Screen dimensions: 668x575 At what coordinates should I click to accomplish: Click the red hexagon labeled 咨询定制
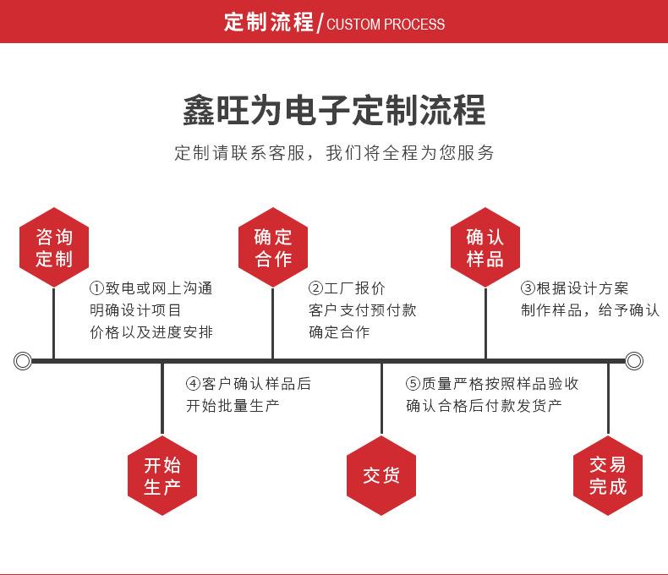(54, 248)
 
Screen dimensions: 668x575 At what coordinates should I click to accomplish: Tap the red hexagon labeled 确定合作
(272, 248)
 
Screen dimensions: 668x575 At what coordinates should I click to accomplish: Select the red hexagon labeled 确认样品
(485, 248)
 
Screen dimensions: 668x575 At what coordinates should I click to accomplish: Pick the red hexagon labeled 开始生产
(162, 475)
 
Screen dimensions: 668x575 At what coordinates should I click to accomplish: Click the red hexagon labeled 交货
(381, 475)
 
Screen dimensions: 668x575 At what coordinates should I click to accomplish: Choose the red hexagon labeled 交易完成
(608, 475)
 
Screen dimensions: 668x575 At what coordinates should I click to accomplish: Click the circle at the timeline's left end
(23, 362)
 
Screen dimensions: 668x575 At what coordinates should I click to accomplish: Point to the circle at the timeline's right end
(634, 362)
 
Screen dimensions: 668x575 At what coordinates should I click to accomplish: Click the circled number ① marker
(96, 289)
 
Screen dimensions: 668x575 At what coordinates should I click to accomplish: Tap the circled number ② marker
(315, 289)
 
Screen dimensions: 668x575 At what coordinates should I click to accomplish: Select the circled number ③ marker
(528, 289)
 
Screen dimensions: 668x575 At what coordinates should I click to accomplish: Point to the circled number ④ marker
(194, 384)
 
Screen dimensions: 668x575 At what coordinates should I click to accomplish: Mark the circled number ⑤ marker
(413, 384)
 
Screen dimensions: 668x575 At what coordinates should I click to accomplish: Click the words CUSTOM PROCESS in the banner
(385, 24)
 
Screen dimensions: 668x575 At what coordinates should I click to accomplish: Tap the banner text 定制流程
(268, 22)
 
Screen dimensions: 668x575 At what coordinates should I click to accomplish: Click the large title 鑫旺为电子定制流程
(334, 111)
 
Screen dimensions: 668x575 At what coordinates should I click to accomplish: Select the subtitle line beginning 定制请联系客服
(334, 153)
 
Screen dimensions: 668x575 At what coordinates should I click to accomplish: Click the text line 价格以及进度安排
(151, 332)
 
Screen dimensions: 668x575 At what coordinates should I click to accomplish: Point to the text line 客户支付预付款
(362, 310)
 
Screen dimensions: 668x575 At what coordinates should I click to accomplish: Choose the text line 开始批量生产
(233, 406)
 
